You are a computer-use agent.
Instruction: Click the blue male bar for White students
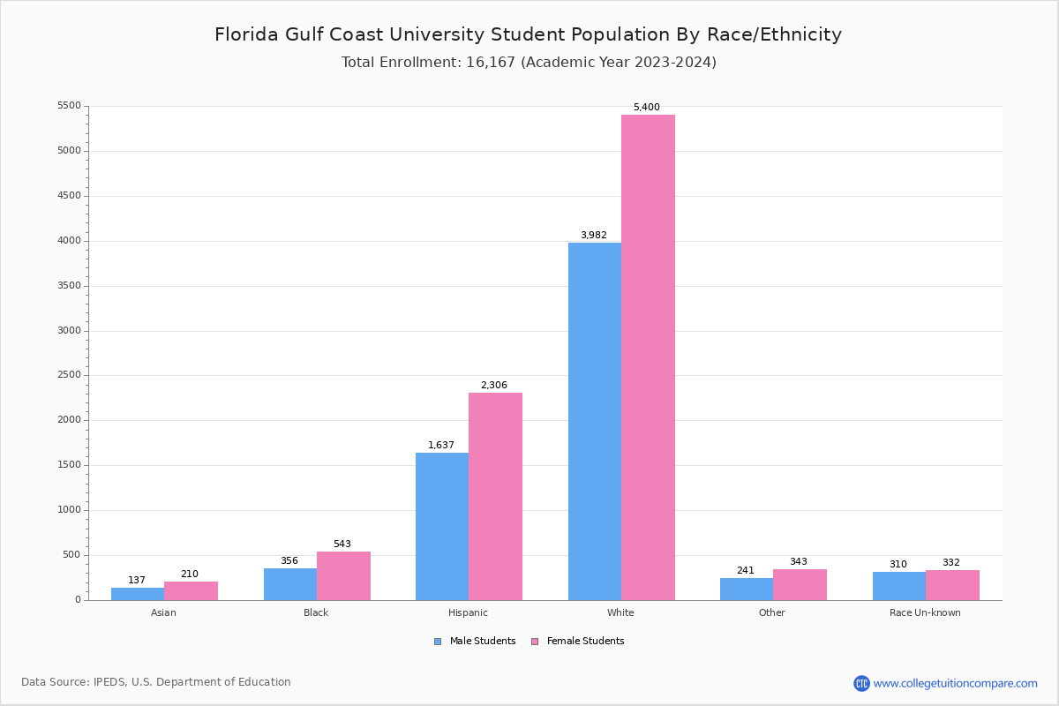coord(594,421)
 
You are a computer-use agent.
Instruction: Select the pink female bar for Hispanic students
coord(495,496)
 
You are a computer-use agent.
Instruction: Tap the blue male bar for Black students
coord(290,584)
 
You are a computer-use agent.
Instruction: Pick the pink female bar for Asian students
coord(191,590)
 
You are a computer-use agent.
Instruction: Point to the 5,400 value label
coord(646,108)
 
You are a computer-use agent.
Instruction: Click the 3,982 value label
coord(593,236)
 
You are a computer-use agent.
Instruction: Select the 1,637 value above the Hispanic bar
coord(441,446)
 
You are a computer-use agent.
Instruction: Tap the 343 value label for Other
coord(798,562)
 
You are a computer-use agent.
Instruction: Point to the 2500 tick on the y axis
coord(69,375)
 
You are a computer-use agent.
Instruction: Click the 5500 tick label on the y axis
coord(69,106)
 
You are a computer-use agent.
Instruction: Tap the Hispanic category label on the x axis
coord(468,612)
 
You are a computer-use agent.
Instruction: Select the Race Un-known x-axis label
coord(925,612)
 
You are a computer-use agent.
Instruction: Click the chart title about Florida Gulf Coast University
coord(528,35)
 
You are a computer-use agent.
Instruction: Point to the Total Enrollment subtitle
coord(529,63)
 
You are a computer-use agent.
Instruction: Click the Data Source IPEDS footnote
coord(156,682)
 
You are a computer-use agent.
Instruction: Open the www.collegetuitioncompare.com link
coord(955,683)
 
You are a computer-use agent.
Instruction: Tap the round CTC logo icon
coord(861,683)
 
